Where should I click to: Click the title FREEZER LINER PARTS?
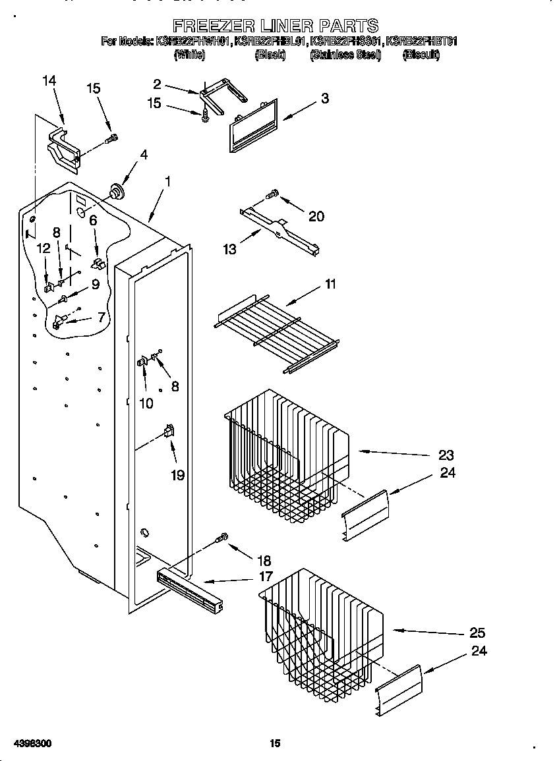pos(276,26)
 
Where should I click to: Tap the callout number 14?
pos(49,80)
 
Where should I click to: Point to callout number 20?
pos(316,216)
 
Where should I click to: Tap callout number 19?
pos(177,474)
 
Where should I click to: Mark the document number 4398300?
pos(27,743)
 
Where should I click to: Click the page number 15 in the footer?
pos(276,743)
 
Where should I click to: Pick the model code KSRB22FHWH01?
pos(193,42)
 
